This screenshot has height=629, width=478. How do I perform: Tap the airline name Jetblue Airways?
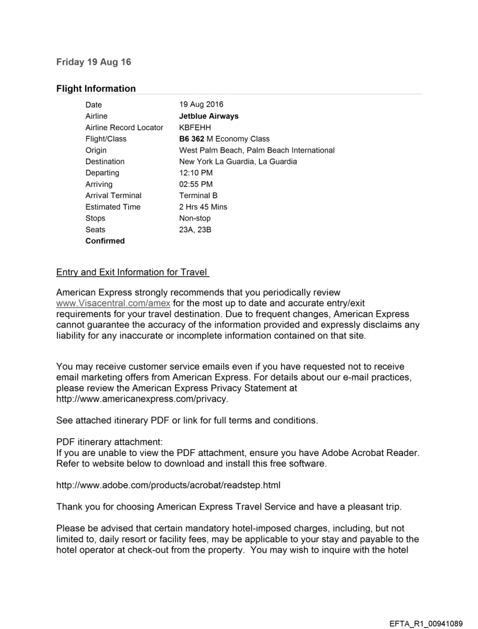209,116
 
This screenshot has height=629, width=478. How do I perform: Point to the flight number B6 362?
192,139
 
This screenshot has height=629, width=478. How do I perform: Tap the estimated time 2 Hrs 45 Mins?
203,207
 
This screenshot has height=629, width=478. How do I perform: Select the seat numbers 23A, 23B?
195,229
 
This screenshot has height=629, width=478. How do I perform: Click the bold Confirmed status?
105,241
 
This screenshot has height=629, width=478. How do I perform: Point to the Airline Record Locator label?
124,128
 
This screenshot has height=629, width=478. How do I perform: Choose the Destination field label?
105,161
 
